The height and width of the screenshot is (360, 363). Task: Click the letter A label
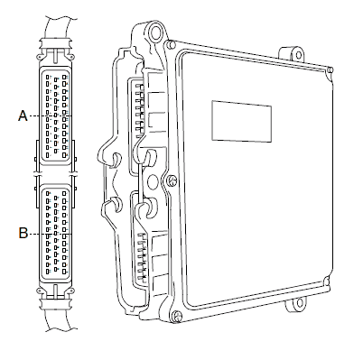point(23,115)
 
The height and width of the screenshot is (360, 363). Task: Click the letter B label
point(23,233)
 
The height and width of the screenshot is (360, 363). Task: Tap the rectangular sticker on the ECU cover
point(242,121)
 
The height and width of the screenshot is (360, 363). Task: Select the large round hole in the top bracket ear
point(156,33)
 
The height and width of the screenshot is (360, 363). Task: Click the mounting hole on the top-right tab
point(298,55)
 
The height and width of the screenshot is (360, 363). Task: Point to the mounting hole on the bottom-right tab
point(299,303)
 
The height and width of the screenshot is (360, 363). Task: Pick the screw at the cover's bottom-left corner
point(177,316)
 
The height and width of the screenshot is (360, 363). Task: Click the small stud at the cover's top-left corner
point(171,44)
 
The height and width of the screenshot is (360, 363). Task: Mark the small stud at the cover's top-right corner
point(330,69)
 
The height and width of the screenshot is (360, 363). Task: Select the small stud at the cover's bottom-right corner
point(328,282)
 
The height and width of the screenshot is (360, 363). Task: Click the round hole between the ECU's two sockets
point(153,181)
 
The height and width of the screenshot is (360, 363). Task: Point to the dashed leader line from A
point(50,115)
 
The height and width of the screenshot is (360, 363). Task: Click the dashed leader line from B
point(50,234)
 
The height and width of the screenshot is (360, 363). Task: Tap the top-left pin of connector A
point(48,77)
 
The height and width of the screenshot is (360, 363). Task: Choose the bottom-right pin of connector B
point(64,271)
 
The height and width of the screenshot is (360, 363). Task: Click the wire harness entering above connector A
point(58,27)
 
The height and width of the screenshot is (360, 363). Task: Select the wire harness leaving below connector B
point(58,319)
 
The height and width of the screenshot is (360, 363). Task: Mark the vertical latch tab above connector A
point(56,55)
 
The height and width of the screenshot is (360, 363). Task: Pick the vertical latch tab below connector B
point(56,291)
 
